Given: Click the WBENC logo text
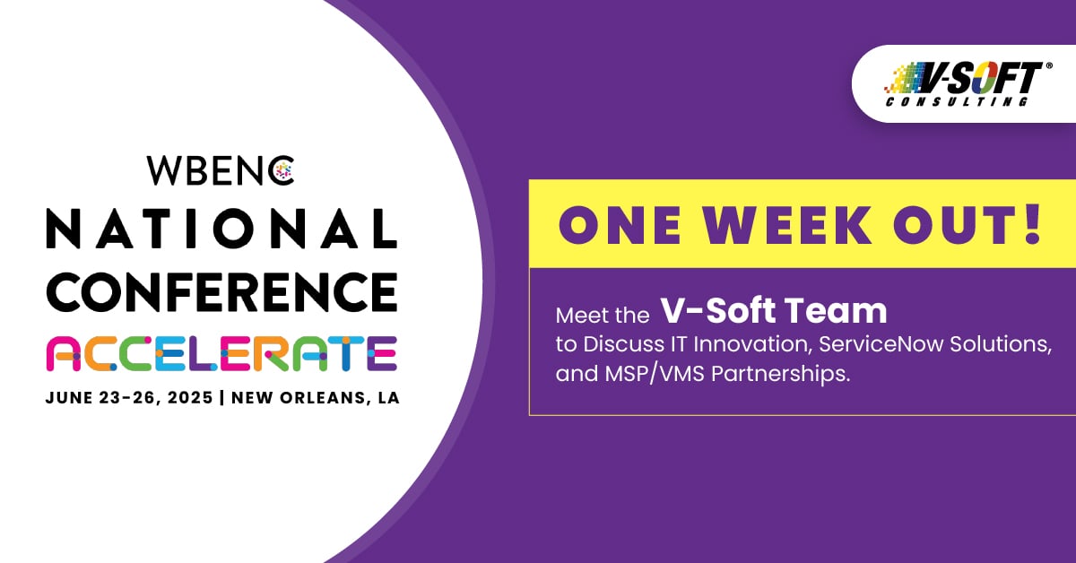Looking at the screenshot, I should [221, 170].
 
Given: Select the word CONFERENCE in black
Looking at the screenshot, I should [221, 291].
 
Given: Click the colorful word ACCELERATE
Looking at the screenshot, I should [221, 353].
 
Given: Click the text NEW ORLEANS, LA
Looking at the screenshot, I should [316, 398].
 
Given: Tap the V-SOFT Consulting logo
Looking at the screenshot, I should [964, 83].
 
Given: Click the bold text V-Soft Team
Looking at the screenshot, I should [774, 311].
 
